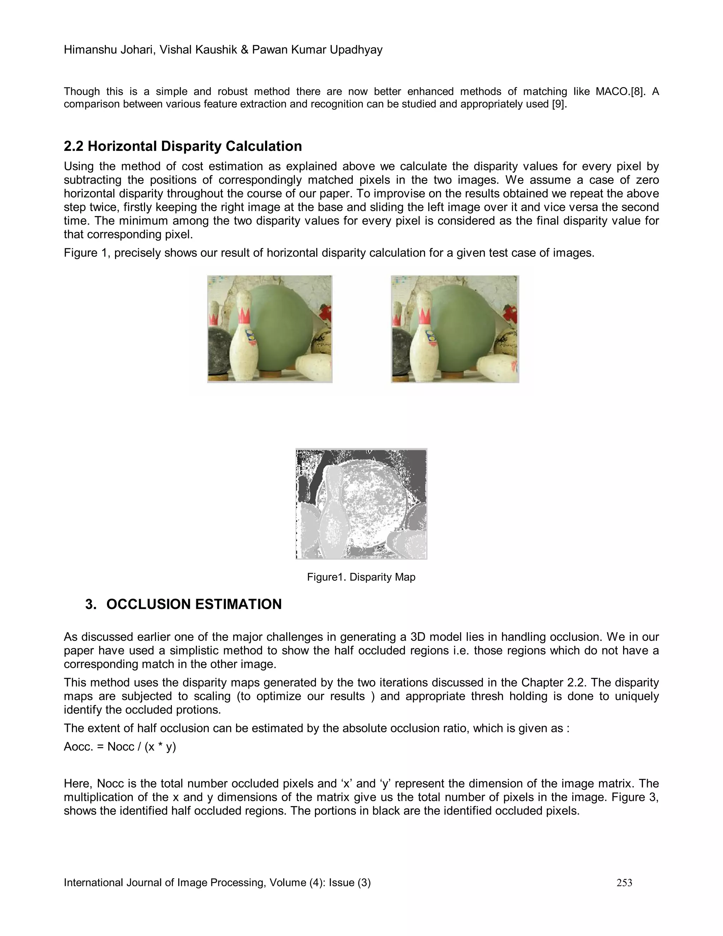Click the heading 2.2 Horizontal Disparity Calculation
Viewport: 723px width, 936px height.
(x=183, y=146)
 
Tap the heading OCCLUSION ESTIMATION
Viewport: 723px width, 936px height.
(x=193, y=604)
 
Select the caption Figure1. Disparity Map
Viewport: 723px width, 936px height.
(x=361, y=577)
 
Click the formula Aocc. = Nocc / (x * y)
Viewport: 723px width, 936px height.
(x=120, y=747)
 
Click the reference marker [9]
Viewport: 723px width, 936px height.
(x=559, y=105)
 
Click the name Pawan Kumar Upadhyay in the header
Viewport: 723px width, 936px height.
(x=317, y=50)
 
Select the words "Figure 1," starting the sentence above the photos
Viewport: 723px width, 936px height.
(x=87, y=253)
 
